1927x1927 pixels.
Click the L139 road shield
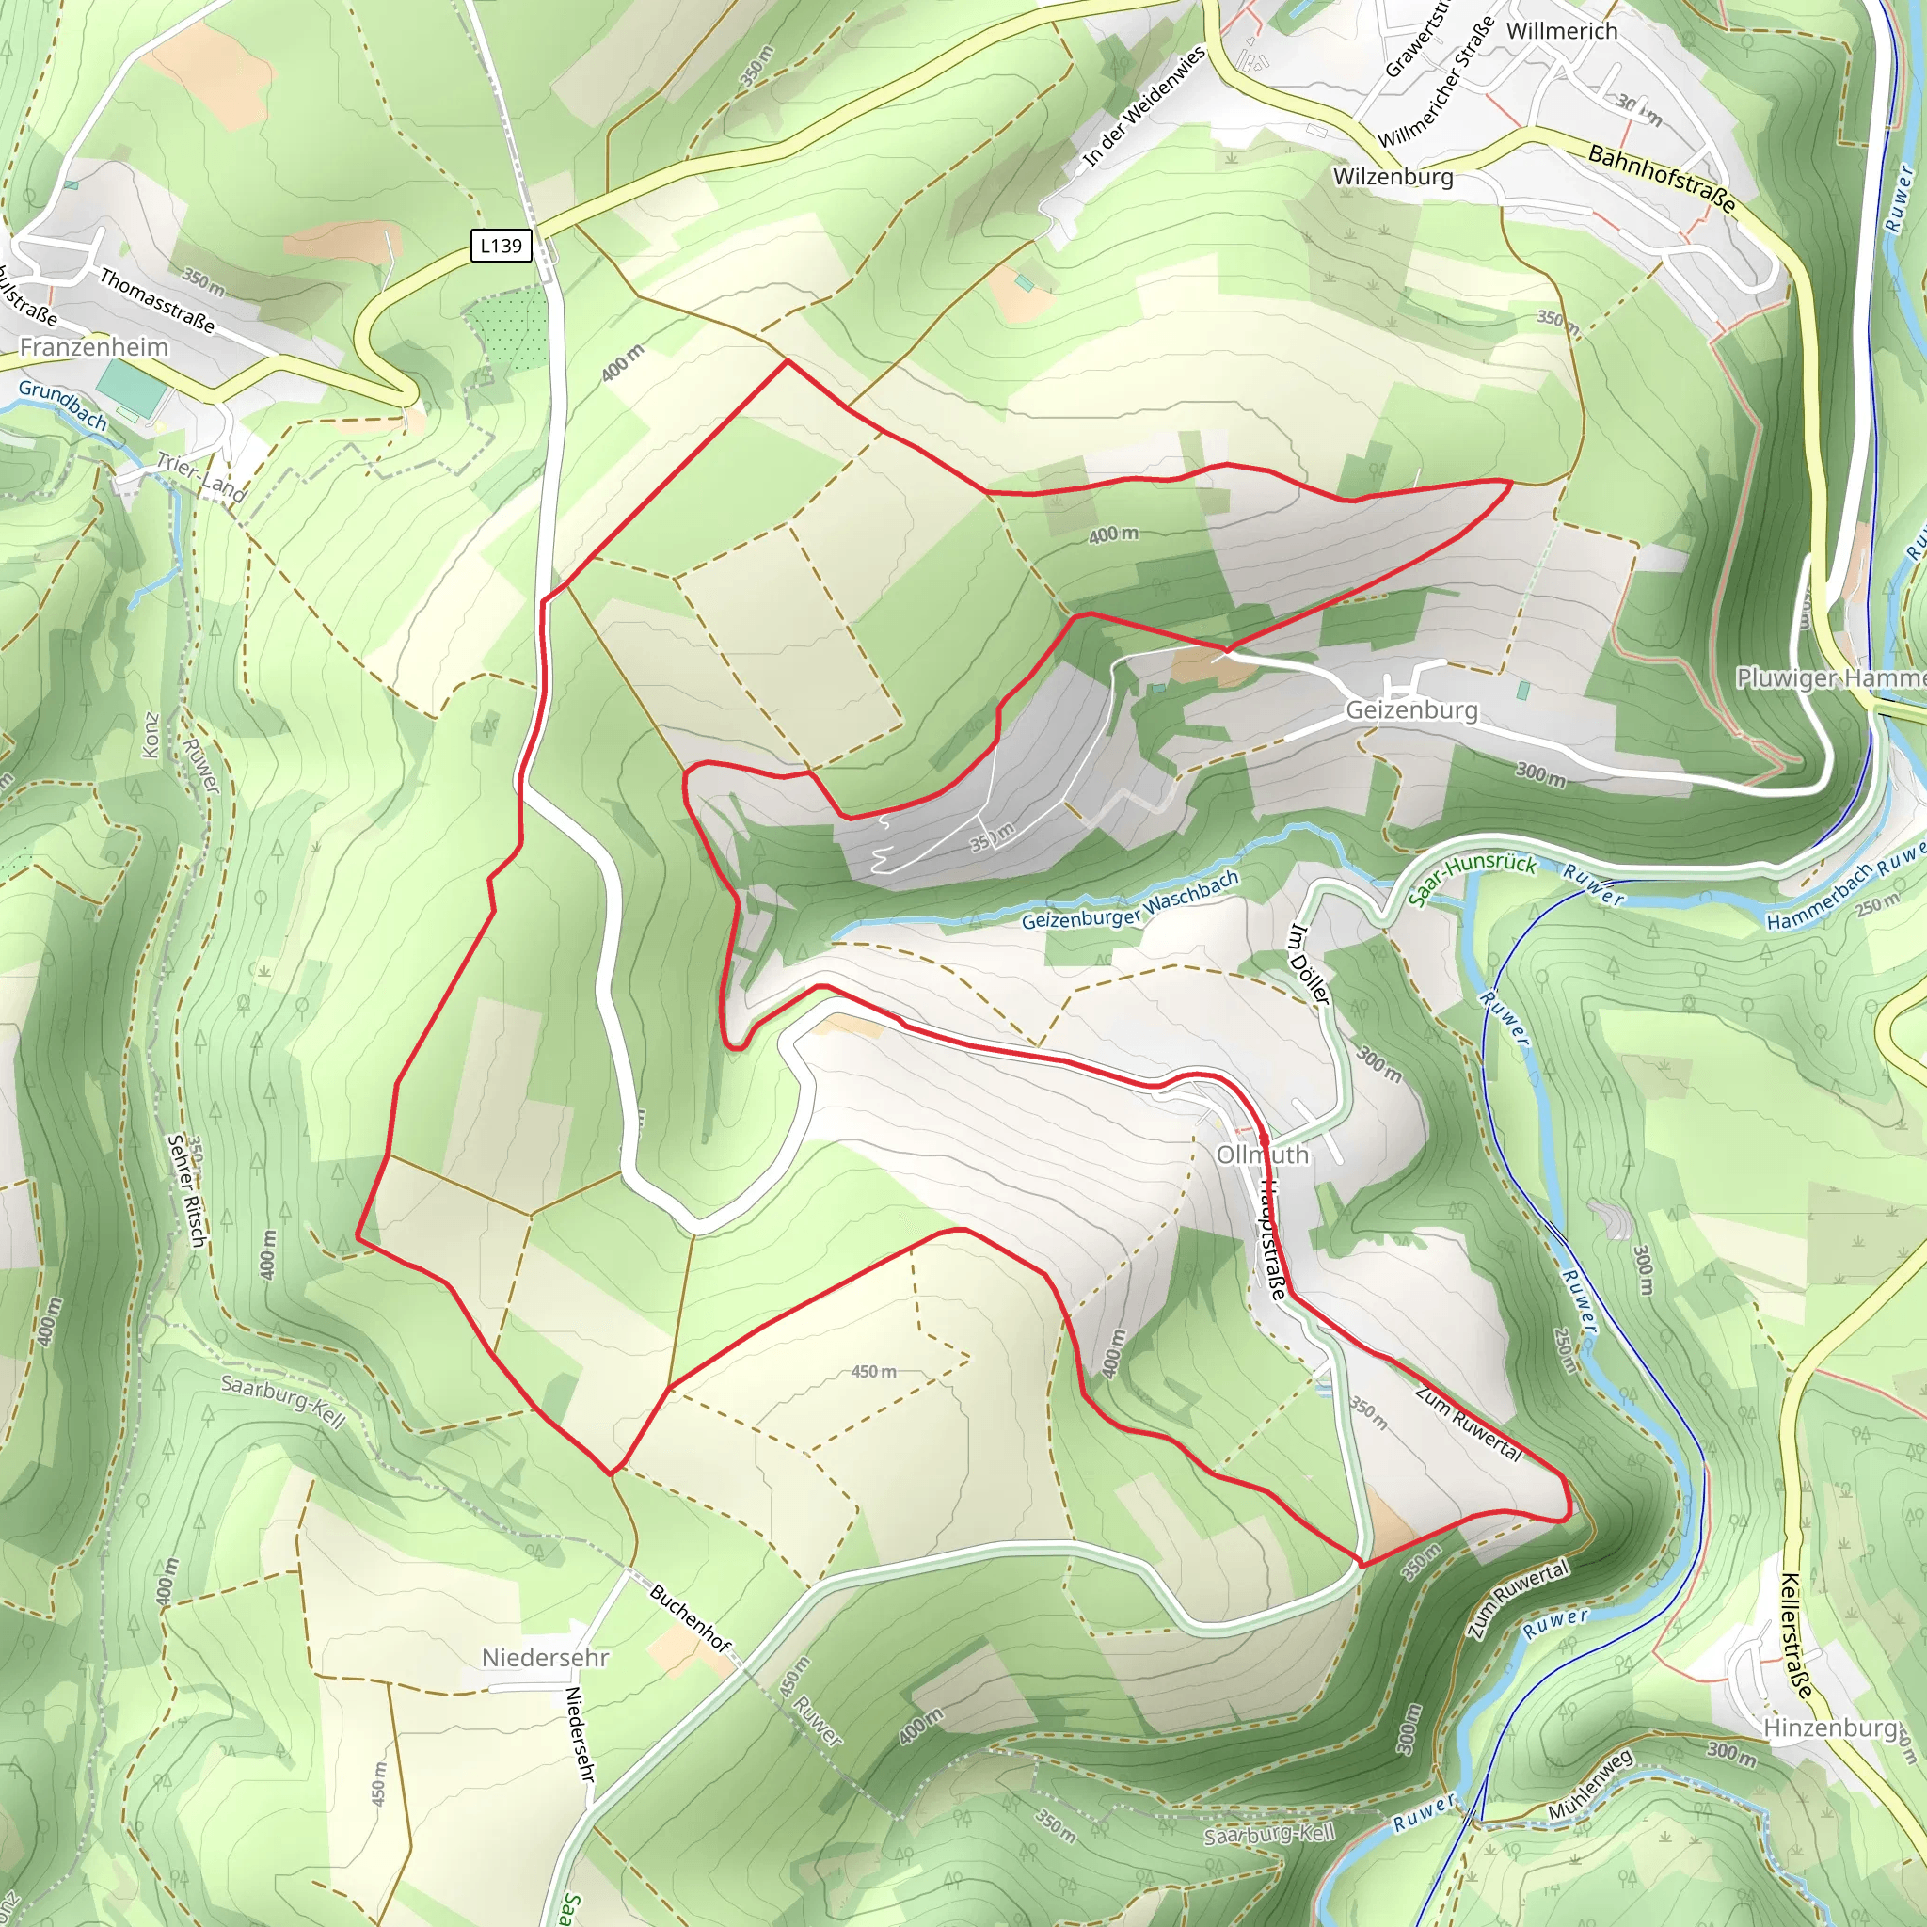coord(500,246)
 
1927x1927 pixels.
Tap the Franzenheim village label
coord(94,347)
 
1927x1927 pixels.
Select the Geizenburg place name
coord(1411,710)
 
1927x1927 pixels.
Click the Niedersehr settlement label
coord(545,1658)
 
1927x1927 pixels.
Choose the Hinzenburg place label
coord(1830,1728)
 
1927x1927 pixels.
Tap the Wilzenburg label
coord(1393,178)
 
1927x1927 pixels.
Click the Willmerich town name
coord(1562,31)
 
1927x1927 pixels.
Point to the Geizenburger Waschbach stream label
coord(1130,900)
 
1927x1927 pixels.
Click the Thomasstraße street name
coord(156,300)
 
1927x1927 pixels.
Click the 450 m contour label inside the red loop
coord(873,1372)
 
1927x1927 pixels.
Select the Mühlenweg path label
coord(1591,1797)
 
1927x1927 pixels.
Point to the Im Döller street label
coord(1309,964)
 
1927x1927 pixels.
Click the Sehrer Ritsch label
coord(186,1190)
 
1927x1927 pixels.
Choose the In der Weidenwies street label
coord(1144,106)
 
